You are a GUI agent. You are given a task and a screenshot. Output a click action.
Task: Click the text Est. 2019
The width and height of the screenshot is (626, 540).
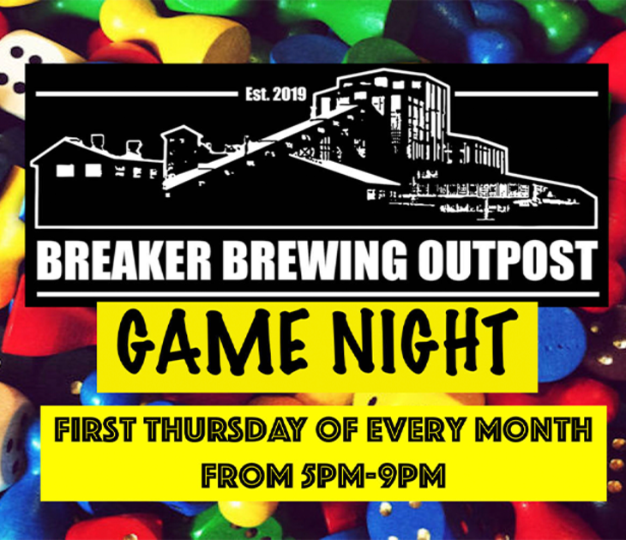tap(276, 94)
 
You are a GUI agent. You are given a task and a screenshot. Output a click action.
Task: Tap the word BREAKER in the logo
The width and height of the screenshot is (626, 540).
tap(124, 261)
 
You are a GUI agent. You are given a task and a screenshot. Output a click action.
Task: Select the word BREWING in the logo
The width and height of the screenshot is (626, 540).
tap(315, 261)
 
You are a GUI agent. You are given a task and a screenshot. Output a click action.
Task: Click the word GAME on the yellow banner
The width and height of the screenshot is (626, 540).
tap(213, 341)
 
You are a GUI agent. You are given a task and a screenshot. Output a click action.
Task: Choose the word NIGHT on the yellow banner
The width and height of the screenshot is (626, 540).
tap(424, 341)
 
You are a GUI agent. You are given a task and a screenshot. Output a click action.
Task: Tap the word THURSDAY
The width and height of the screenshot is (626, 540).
tap(225, 429)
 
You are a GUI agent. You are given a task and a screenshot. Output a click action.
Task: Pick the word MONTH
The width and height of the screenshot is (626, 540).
tap(533, 429)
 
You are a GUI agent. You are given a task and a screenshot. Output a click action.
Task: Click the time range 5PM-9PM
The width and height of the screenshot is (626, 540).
tap(373, 476)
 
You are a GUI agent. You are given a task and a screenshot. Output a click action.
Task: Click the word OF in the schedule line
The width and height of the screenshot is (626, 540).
tap(336, 429)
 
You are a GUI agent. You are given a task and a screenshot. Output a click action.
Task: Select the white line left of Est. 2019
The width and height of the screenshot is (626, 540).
tap(136, 94)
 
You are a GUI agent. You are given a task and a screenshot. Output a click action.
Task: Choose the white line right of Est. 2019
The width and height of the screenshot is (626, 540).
tap(527, 94)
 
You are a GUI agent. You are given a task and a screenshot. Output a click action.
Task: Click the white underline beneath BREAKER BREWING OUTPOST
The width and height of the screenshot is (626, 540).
tap(318, 295)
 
